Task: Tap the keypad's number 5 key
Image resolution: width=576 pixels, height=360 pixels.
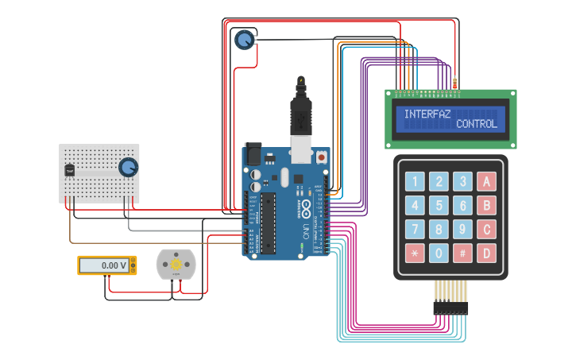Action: coord(439,206)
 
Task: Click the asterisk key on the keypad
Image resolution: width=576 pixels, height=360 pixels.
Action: coord(415,254)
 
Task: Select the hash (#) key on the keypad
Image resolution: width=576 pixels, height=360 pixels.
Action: coord(462,254)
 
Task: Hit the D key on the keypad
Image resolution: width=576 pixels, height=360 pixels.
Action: coord(486,254)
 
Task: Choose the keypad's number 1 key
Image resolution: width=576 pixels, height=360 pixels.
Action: coord(415,181)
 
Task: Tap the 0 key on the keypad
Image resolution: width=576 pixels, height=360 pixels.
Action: coord(439,254)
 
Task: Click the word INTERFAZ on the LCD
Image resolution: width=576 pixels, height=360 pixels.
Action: coord(427,114)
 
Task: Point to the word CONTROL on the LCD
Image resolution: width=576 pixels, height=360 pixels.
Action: coord(477,125)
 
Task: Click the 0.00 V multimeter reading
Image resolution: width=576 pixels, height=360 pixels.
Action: coord(106,265)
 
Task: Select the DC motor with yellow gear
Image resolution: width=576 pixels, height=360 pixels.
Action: coord(176,264)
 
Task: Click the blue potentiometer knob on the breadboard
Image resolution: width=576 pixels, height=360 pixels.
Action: coord(127,167)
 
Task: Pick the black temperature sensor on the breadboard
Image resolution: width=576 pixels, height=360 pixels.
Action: coord(70,169)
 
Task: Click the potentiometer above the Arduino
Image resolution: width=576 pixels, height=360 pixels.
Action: coord(245,39)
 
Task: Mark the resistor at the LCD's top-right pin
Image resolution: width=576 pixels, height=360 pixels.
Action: coord(454,83)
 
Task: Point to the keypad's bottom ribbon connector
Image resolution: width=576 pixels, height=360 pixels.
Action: coord(450,307)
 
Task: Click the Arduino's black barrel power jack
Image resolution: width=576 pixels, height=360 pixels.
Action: coord(253,153)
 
